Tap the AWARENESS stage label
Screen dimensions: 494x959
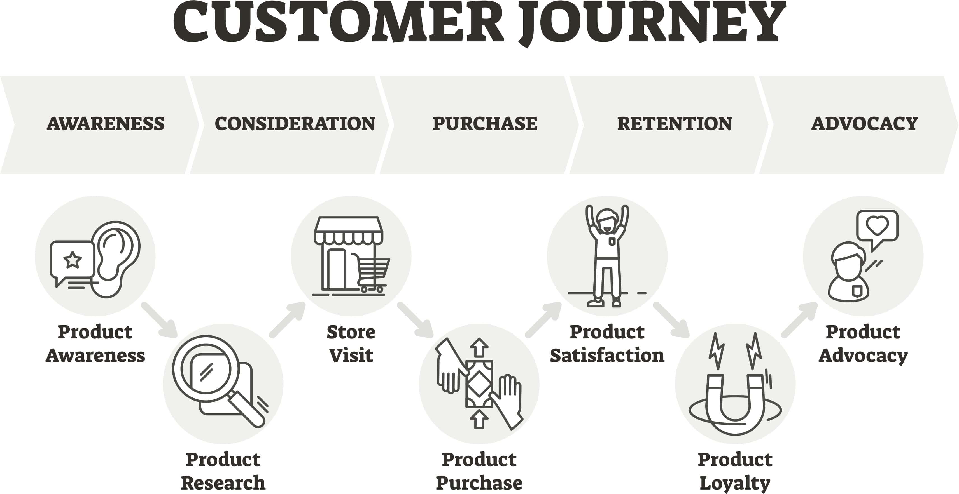tap(105, 124)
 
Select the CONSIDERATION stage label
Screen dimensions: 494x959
tap(295, 124)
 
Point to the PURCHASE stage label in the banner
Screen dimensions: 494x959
tap(485, 124)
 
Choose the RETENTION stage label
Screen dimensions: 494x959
tap(675, 124)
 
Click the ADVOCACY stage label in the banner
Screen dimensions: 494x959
tap(864, 124)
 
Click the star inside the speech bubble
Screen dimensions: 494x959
tap(73, 259)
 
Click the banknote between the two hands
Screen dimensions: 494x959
tap(479, 383)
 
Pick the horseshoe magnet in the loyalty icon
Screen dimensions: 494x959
tap(735, 406)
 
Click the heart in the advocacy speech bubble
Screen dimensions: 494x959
tap(878, 225)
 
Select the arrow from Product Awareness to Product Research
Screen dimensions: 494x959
tap(159, 320)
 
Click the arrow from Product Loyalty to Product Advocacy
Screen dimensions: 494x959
tap(799, 320)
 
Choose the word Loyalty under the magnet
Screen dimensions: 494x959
tap(735, 483)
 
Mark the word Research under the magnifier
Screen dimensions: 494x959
tap(223, 483)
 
